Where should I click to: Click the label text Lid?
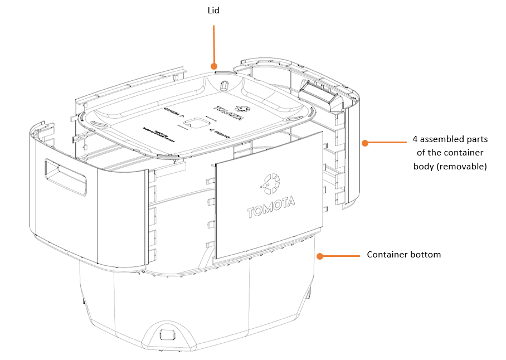pyautogui.click(x=213, y=11)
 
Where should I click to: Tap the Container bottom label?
pyautogui.click(x=403, y=255)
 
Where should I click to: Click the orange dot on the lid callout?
pyautogui.click(x=213, y=66)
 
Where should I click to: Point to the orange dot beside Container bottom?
pyautogui.click(x=320, y=256)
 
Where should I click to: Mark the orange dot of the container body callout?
pyautogui.click(x=365, y=143)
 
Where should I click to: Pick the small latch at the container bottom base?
pyautogui.click(x=167, y=335)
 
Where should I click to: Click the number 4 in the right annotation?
pyautogui.click(x=415, y=139)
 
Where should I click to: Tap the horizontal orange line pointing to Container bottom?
pyautogui.click(x=341, y=256)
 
